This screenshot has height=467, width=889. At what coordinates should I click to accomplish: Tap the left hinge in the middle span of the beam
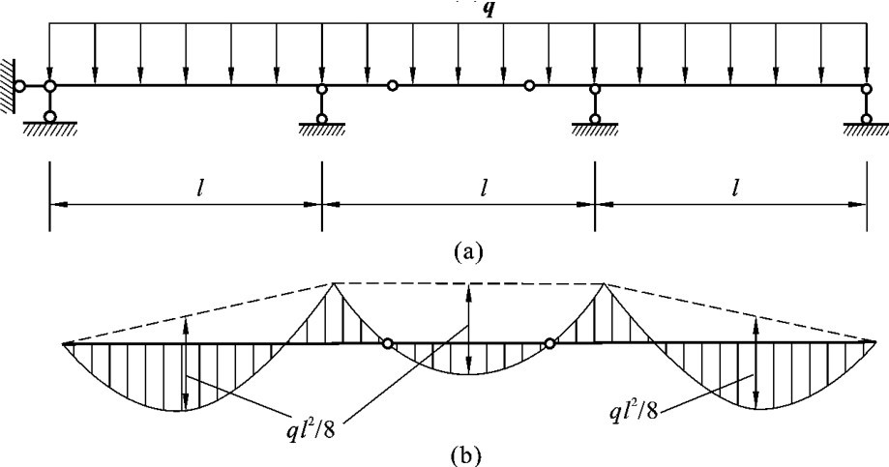392,86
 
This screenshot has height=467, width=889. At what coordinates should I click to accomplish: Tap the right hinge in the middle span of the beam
529,86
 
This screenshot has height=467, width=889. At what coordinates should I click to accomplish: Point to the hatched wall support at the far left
8,85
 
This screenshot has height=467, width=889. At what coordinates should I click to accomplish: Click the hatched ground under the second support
321,133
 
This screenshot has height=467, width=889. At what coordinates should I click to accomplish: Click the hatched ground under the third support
594,133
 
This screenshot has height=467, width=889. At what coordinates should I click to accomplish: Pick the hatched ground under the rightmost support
866,133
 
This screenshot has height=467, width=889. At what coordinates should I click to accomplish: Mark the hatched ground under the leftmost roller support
49,133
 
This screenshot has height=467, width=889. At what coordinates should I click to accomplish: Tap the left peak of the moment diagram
334,283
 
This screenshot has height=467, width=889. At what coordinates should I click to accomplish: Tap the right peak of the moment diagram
605,283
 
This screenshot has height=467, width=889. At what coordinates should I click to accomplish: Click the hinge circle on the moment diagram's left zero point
386,343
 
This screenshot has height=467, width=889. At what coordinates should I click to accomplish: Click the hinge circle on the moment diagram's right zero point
549,343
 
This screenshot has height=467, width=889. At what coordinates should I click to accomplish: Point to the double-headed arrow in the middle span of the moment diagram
469,329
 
